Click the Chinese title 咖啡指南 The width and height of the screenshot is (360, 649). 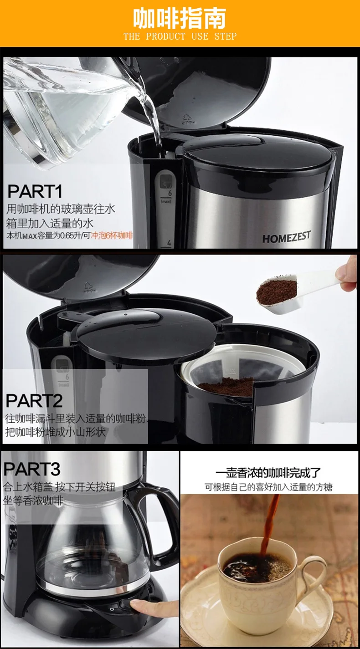coord(180,19)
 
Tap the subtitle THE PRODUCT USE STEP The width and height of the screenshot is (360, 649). coord(180,36)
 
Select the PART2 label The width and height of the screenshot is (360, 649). coord(34,401)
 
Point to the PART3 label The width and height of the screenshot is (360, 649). coord(32,469)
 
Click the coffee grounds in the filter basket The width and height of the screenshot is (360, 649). coord(226,387)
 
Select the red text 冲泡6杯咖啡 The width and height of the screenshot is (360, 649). coord(112,236)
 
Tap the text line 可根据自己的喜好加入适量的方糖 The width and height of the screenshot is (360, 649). coord(268,487)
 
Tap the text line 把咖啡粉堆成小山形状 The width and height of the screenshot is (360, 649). coord(55,432)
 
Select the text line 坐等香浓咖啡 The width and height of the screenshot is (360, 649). coord(33,501)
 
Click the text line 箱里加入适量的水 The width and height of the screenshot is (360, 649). coord(50,223)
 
